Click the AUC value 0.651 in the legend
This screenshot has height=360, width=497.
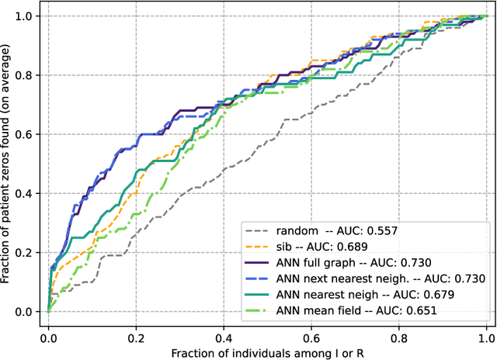pos(417,310)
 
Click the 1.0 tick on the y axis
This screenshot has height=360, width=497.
pos(23,16)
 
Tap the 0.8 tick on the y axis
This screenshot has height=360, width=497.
pos(23,74)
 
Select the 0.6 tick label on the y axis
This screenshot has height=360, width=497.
pos(23,133)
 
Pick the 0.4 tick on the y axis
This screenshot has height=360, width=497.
pos(23,193)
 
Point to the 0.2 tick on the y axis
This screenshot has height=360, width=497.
pos(23,252)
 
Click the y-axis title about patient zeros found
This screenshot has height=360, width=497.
pos(7,164)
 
